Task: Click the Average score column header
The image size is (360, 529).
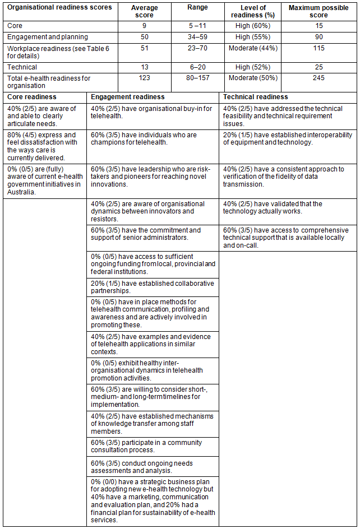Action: tap(144, 12)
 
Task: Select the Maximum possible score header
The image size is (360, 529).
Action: tap(319, 12)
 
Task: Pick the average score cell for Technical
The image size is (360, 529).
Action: tap(144, 67)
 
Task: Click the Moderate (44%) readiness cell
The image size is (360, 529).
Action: tap(252, 49)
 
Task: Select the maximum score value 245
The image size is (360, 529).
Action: tap(319, 78)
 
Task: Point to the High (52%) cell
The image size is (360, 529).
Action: tap(252, 67)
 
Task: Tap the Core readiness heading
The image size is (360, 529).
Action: tap(32, 97)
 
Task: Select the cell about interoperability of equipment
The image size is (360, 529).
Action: tap(288, 138)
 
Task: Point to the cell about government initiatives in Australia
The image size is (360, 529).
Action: tap(45, 180)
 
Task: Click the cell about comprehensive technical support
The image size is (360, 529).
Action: tap(288, 238)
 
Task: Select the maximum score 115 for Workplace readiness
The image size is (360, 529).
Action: tap(319, 49)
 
